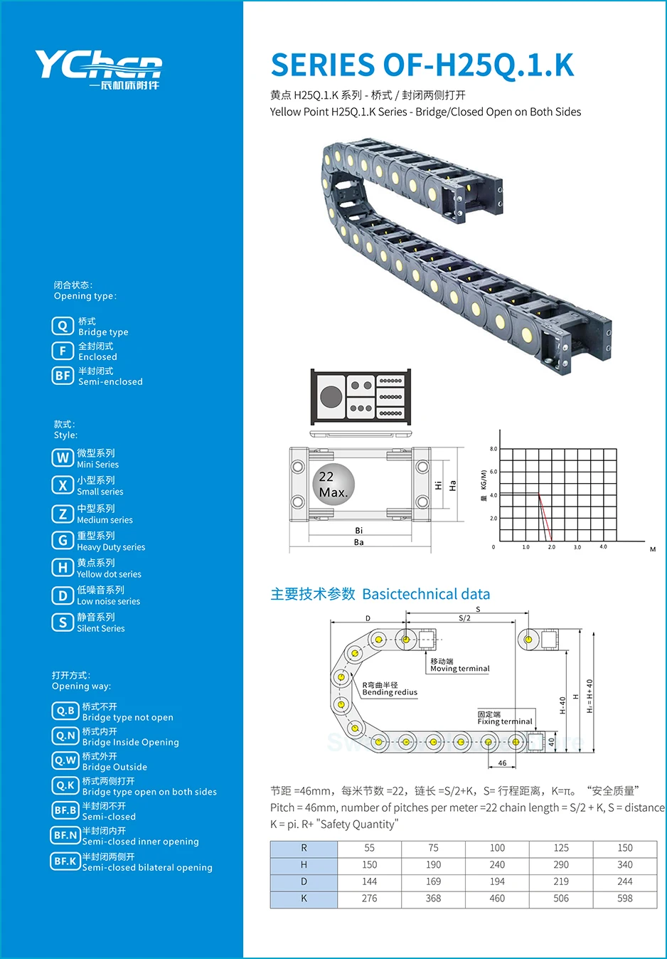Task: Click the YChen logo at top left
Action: (x=98, y=69)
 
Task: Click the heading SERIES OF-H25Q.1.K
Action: (x=422, y=65)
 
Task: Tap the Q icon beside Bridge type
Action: (x=63, y=326)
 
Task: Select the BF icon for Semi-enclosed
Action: (x=63, y=376)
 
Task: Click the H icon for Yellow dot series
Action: (x=63, y=568)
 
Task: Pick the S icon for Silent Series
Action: (x=63, y=622)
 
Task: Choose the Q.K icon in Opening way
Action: (x=65, y=785)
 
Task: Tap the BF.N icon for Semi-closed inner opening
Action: (x=65, y=835)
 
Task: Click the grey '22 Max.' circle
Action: (x=333, y=484)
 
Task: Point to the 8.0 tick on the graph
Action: (x=493, y=449)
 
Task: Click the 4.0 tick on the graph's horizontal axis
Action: (x=603, y=547)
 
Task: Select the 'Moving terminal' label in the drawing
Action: (x=459, y=669)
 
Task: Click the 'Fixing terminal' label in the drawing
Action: (x=504, y=721)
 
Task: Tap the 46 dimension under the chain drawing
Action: (x=502, y=763)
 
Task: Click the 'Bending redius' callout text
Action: (x=390, y=692)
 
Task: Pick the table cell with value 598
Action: (x=624, y=899)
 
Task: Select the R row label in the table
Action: (x=304, y=848)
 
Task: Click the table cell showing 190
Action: (x=433, y=865)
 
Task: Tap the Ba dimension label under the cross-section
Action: (x=358, y=542)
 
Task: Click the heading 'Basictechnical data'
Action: (x=426, y=594)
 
